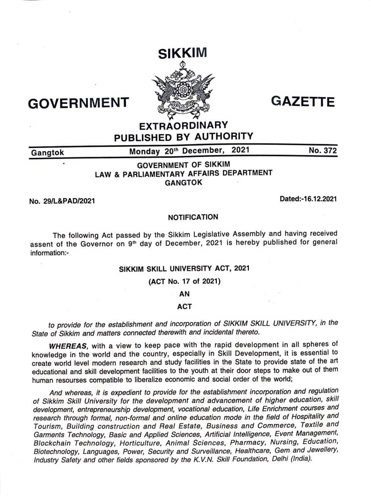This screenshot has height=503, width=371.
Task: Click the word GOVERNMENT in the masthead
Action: point(79,103)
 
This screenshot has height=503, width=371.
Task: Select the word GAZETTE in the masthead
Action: point(303,101)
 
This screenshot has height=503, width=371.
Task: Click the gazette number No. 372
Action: point(323,151)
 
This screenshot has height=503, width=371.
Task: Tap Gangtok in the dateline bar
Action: point(47,153)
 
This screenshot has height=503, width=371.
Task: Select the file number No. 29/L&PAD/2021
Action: point(62,200)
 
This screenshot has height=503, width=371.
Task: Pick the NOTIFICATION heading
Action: point(193,217)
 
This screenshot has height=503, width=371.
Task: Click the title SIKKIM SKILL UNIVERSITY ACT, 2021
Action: point(184,269)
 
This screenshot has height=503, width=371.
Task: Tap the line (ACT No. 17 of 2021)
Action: point(184,282)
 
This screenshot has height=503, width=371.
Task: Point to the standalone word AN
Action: point(184,295)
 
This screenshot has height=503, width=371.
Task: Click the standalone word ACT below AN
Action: point(184,307)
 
